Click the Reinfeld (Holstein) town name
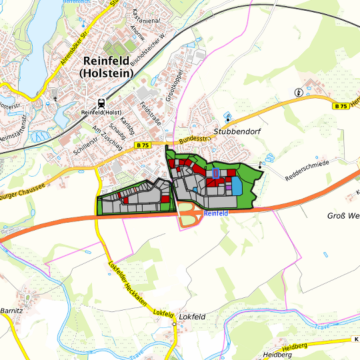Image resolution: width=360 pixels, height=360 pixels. (x=111, y=65)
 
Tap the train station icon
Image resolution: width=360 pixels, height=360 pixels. (x=101, y=103)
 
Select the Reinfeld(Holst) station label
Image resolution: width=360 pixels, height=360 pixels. (x=100, y=113)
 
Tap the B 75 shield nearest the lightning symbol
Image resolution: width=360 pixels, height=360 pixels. (x=341, y=106)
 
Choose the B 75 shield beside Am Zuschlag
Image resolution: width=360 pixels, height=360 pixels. (x=141, y=145)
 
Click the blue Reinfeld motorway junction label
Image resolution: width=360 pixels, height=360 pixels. (x=216, y=213)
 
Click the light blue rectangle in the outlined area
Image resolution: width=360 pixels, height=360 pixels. (x=237, y=184)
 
